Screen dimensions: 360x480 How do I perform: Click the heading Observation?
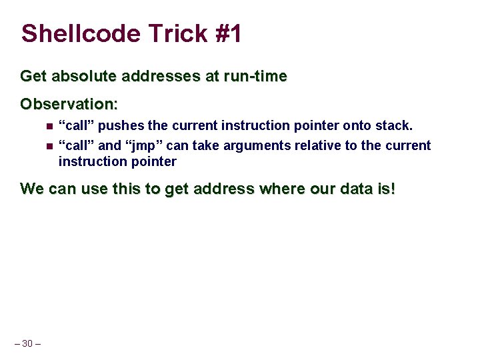tap(69, 105)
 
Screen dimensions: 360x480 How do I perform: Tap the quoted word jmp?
tap(148, 145)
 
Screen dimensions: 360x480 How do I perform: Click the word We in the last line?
tap(31, 189)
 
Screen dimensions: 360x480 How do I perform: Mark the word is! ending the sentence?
tap(387, 189)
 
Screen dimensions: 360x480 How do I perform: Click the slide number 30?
tap(27, 343)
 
